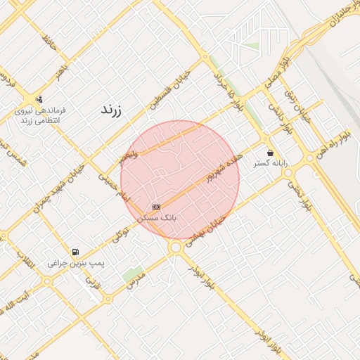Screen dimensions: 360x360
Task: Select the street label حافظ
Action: (48, 44)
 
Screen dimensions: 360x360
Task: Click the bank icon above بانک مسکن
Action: (156, 207)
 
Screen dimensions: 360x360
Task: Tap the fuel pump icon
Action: (75, 252)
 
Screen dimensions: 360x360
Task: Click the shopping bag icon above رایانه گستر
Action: (270, 153)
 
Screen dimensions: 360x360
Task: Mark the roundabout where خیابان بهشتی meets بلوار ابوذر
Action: (176, 247)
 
